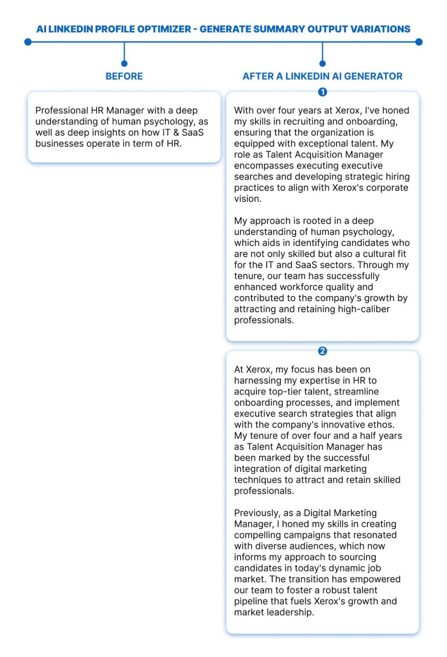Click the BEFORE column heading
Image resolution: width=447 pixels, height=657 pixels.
point(124,76)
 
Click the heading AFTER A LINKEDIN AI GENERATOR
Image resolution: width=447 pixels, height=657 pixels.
point(322,76)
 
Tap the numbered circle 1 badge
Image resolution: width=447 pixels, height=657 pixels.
point(323,92)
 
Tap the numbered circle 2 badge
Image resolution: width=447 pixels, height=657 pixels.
point(323,351)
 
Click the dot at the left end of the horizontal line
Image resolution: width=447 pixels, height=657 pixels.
point(28,42)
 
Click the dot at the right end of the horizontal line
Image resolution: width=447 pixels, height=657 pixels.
point(419,42)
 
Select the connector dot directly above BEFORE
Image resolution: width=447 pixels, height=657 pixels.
point(124,64)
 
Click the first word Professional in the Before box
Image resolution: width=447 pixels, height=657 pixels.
point(62,110)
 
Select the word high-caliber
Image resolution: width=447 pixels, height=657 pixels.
point(364,309)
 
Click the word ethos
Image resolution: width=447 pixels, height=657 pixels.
point(380,425)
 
